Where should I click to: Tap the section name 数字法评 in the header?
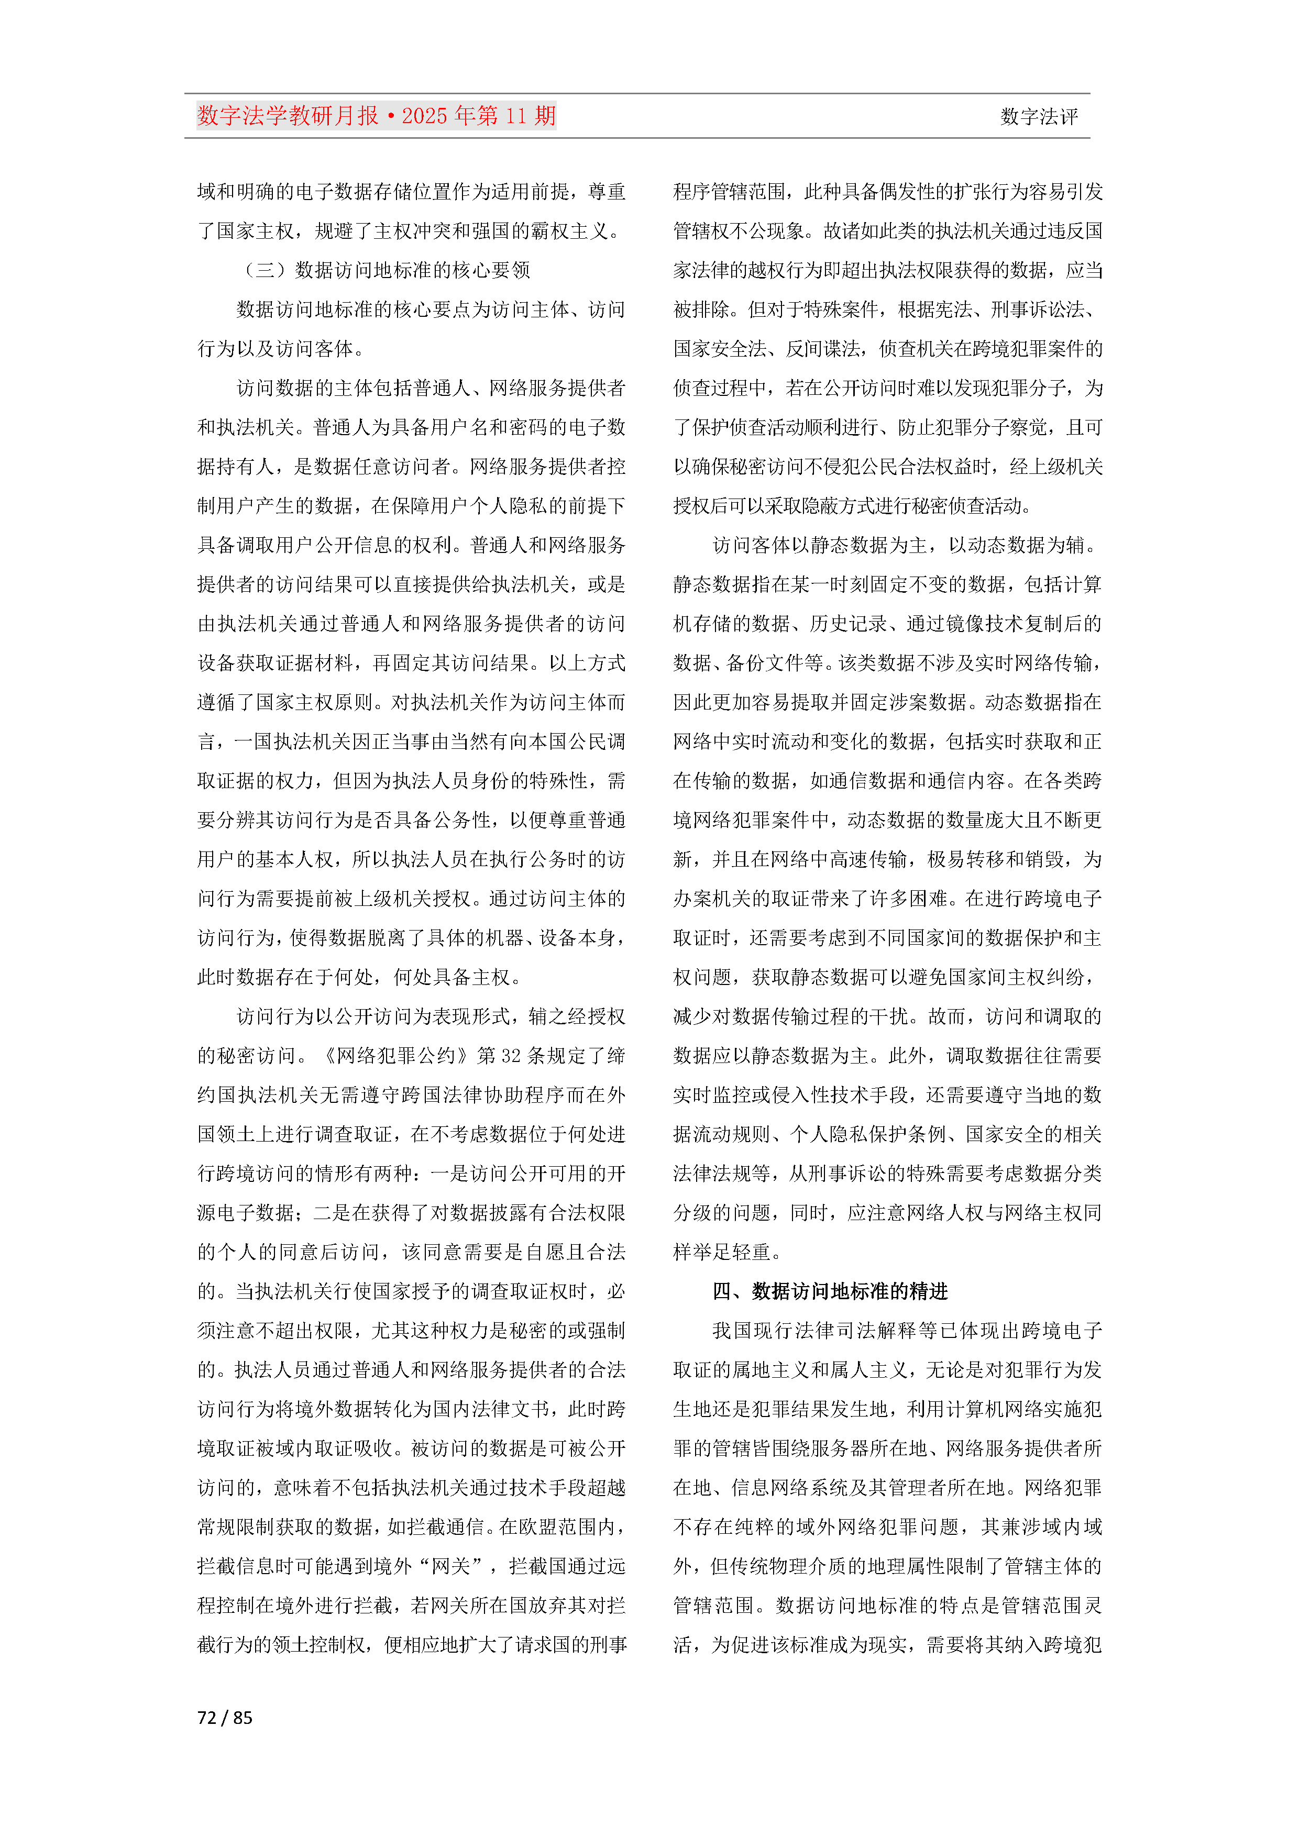(1038, 117)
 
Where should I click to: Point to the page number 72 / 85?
(225, 1718)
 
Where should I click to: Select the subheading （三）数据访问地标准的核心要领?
(387, 270)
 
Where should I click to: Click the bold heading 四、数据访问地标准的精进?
(830, 1291)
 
